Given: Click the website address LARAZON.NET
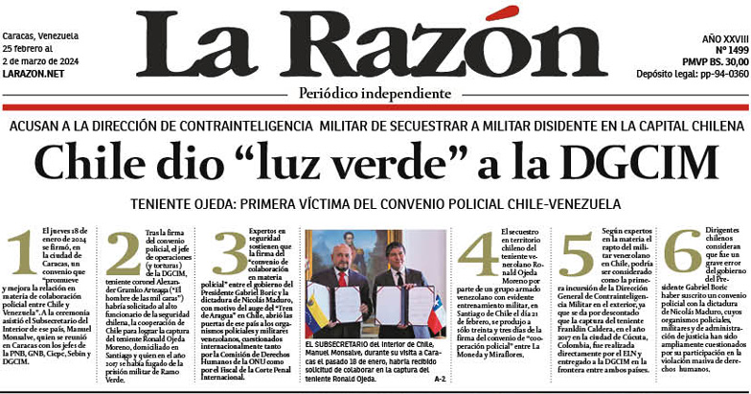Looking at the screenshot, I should click(34, 73).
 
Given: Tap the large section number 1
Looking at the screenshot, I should click(22, 253).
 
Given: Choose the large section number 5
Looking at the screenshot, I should click(578, 253).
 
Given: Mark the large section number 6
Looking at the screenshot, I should click(680, 253).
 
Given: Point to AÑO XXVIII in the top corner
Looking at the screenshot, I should click(724, 36).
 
